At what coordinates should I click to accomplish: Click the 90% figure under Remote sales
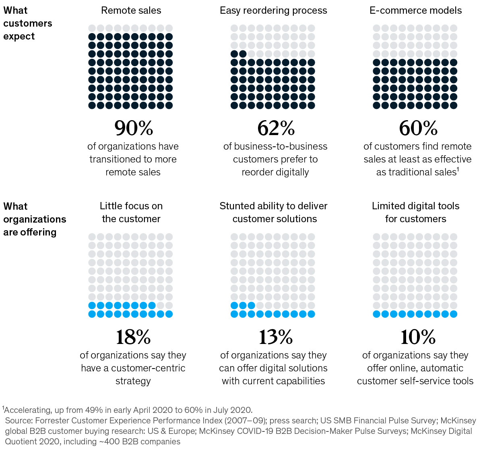pos(134,128)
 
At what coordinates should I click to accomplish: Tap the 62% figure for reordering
pos(276,128)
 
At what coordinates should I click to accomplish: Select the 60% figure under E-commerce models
pos(418,128)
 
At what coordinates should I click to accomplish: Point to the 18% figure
pos(133,337)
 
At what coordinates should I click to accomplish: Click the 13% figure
pos(276,337)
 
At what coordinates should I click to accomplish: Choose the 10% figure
pos(418,337)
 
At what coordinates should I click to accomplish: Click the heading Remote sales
pos(131,10)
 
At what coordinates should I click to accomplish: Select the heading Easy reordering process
pos(273,10)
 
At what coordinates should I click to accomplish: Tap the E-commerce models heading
pos(416,10)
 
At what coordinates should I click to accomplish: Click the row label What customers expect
pos(27,23)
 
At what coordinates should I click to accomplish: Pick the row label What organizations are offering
pos(34,219)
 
